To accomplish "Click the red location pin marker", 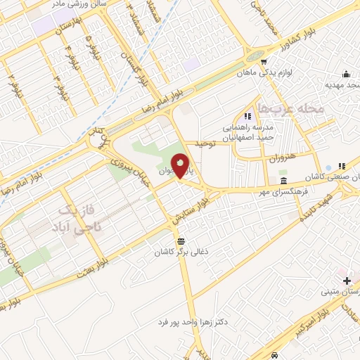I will (181, 167).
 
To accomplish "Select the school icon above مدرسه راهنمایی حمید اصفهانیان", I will (247, 116).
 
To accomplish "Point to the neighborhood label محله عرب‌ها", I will (290, 108).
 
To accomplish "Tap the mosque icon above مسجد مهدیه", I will (345, 75).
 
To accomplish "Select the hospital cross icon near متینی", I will (346, 281).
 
